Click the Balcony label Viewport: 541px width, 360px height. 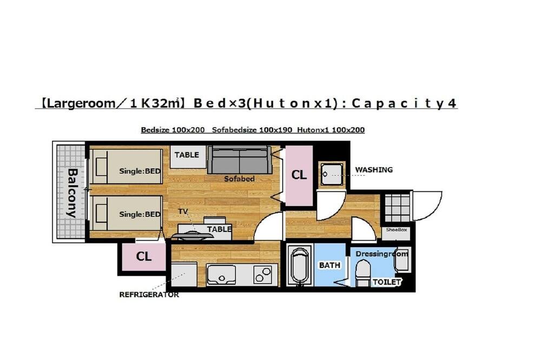coord(71,193)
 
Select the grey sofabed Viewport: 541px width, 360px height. coord(240,159)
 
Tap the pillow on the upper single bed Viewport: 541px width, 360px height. coord(101,167)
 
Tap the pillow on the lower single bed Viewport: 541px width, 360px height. coord(101,213)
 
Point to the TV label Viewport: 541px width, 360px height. coord(183,211)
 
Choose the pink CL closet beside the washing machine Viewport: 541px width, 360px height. coord(299,176)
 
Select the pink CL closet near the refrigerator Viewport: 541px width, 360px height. coord(144,257)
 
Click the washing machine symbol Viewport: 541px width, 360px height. coord(332,175)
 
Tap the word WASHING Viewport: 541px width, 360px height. coord(374,170)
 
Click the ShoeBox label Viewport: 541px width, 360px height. coord(397,230)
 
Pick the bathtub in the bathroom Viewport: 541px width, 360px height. coord(300,266)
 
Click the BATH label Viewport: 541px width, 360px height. coord(329,265)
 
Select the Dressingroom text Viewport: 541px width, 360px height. coord(381,254)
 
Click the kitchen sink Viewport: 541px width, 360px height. coord(221,275)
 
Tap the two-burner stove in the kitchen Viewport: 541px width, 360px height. coord(262,275)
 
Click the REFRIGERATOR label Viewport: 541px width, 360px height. coord(149,295)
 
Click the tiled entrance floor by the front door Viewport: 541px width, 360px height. coord(397,208)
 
